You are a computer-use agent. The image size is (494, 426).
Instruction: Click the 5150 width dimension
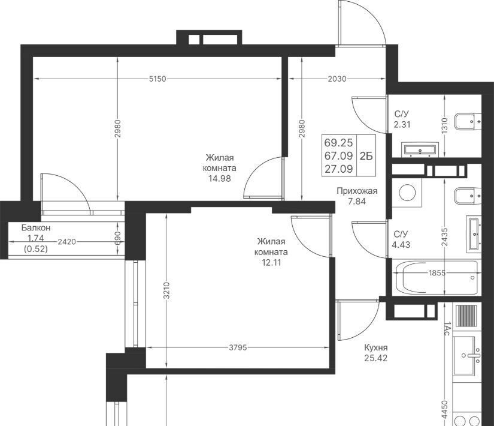coord(157,79)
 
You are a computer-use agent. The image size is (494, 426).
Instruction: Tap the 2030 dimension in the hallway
coord(337,79)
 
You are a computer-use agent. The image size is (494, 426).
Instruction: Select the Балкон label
coord(36,227)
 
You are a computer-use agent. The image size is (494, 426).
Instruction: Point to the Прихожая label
coord(357,191)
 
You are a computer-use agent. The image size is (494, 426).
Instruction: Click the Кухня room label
coord(376,347)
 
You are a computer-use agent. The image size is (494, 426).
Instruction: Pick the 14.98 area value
coord(220,178)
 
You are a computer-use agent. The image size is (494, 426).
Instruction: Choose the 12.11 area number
coord(271,262)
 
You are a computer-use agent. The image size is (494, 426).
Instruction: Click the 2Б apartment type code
coord(366,155)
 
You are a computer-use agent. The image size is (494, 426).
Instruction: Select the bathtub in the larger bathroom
coord(437,278)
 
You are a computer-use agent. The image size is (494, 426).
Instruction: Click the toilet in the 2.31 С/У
coord(468,121)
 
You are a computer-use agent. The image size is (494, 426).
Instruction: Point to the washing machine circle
coord(407,193)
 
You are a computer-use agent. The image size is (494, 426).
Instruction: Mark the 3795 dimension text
coord(238,347)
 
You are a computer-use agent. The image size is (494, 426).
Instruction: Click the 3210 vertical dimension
coord(166,290)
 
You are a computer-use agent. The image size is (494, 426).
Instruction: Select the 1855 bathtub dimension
coord(437,272)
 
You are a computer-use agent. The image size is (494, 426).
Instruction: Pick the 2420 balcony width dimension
coord(67,242)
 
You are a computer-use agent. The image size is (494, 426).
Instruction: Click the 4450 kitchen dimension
coord(444,410)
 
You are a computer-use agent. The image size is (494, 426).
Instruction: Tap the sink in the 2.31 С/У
coord(420,149)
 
